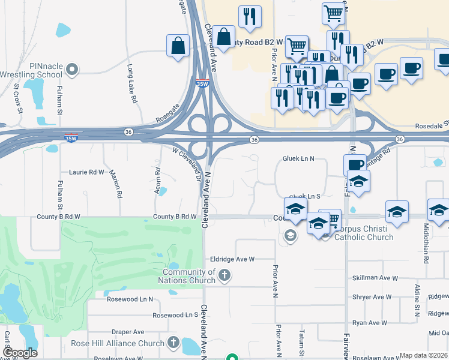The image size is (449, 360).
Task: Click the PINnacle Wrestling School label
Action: (x=36, y=70)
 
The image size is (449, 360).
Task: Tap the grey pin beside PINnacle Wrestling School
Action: (x=73, y=70)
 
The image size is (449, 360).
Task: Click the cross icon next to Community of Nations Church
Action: (x=224, y=276)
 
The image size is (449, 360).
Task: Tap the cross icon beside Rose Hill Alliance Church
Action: (x=173, y=343)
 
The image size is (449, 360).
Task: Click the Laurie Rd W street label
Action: (x=87, y=172)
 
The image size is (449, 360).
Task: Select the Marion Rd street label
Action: (x=116, y=184)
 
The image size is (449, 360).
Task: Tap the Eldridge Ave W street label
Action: (x=232, y=259)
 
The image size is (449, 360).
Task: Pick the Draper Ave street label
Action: (x=128, y=332)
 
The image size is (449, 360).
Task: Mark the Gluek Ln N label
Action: (x=299, y=158)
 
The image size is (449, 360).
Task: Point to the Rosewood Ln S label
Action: (x=175, y=315)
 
